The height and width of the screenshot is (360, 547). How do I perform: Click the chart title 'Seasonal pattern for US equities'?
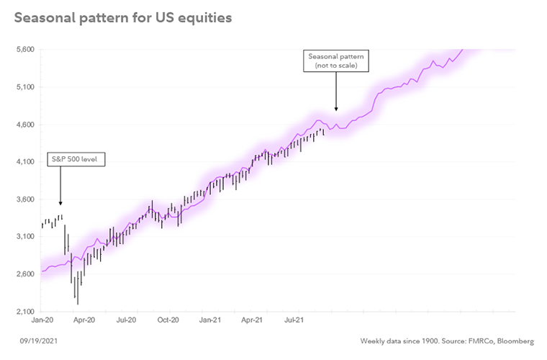(x=122, y=18)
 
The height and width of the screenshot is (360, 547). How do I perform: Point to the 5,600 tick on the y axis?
(x=24, y=50)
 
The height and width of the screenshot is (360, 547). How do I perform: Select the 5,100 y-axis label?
(x=24, y=87)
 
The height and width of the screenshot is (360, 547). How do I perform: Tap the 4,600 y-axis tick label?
(x=24, y=125)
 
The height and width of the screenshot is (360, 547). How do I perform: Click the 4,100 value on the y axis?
(x=24, y=162)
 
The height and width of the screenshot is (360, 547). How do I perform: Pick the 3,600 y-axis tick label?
(x=24, y=199)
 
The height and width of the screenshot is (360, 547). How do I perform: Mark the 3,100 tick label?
(x=24, y=237)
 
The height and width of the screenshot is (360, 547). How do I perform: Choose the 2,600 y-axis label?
(x=24, y=274)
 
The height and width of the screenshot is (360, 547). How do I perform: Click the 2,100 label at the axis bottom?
(x=24, y=312)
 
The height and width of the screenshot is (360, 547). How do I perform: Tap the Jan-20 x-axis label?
(x=43, y=318)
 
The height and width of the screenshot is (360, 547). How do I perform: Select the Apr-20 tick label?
(x=86, y=318)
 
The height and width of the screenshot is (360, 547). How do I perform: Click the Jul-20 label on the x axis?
(x=127, y=318)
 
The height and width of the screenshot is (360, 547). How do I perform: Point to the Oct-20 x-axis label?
(x=168, y=318)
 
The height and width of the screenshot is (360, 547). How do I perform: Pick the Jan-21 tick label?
(x=210, y=318)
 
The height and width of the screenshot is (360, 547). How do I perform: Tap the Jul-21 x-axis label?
(x=293, y=318)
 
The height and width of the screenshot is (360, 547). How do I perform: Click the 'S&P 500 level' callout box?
(x=76, y=159)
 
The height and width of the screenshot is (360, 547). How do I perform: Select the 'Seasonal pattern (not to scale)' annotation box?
(x=337, y=61)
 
